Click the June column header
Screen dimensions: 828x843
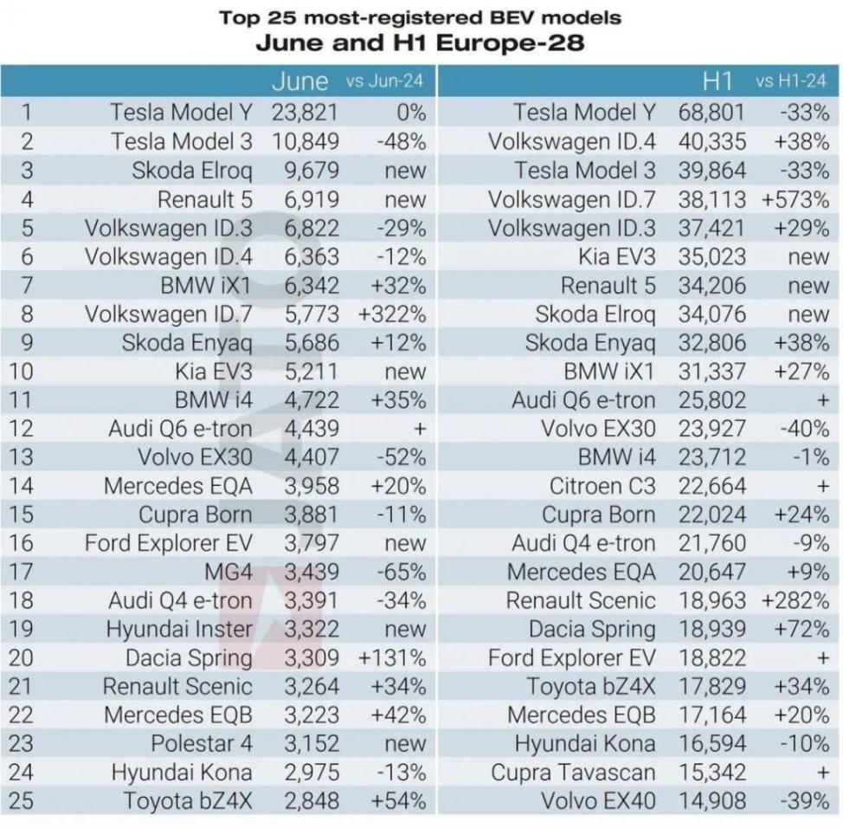click(299, 82)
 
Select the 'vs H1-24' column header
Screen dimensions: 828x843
click(791, 82)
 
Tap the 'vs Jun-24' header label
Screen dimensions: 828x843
click(384, 82)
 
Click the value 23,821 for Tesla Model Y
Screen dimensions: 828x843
click(305, 113)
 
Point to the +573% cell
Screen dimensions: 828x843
click(795, 199)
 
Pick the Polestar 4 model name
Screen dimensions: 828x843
click(202, 744)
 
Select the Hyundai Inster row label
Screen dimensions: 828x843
click(179, 629)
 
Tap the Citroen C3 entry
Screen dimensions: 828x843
click(602, 487)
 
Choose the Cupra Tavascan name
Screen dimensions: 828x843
click(573, 773)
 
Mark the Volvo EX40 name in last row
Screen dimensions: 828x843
click(598, 801)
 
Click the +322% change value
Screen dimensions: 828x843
click(391, 314)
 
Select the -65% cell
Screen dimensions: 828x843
click(402, 572)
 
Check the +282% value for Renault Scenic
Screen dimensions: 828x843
click(795, 600)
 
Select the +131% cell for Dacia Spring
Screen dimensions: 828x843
click(391, 658)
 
